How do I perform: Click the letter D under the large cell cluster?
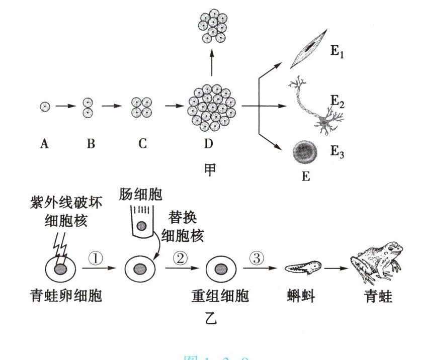click(x=208, y=144)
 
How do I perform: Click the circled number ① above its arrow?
click(x=96, y=257)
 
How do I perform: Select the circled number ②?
click(x=180, y=257)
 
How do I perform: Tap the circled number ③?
click(x=256, y=257)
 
